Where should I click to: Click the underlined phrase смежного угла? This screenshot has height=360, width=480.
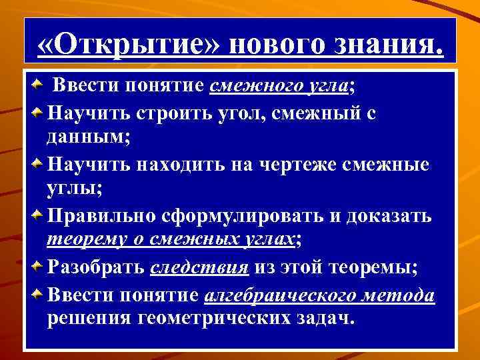[x=279, y=87]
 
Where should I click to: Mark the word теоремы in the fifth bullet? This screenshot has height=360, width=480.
[x=376, y=268]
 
